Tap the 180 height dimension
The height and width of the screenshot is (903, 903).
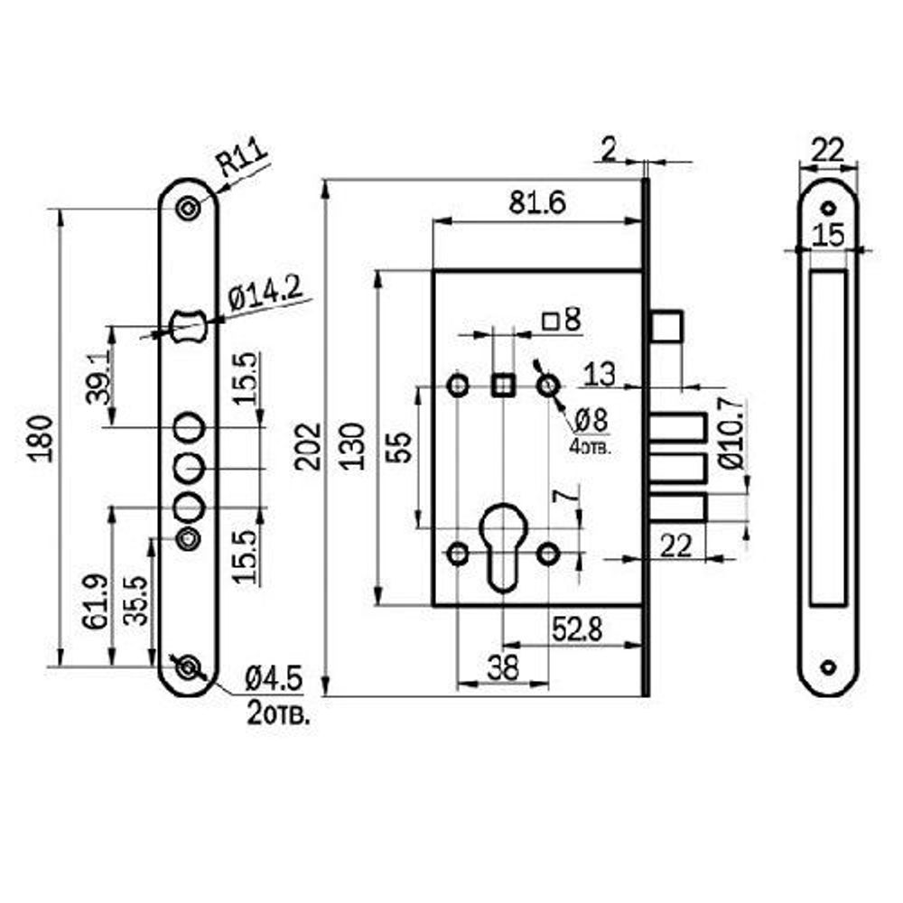coord(42,438)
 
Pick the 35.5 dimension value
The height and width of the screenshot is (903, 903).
coord(135,601)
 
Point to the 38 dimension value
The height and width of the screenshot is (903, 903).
coord(503,669)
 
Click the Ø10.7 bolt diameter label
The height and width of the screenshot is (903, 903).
coord(731,433)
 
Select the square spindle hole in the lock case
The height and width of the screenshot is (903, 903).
coord(502,386)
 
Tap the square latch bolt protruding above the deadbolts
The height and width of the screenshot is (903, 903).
coord(668,326)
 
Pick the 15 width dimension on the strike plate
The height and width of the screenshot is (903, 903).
coord(827,236)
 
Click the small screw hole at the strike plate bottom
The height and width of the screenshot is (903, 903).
coord(828,667)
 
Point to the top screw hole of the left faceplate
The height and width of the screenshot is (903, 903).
coord(189,208)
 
